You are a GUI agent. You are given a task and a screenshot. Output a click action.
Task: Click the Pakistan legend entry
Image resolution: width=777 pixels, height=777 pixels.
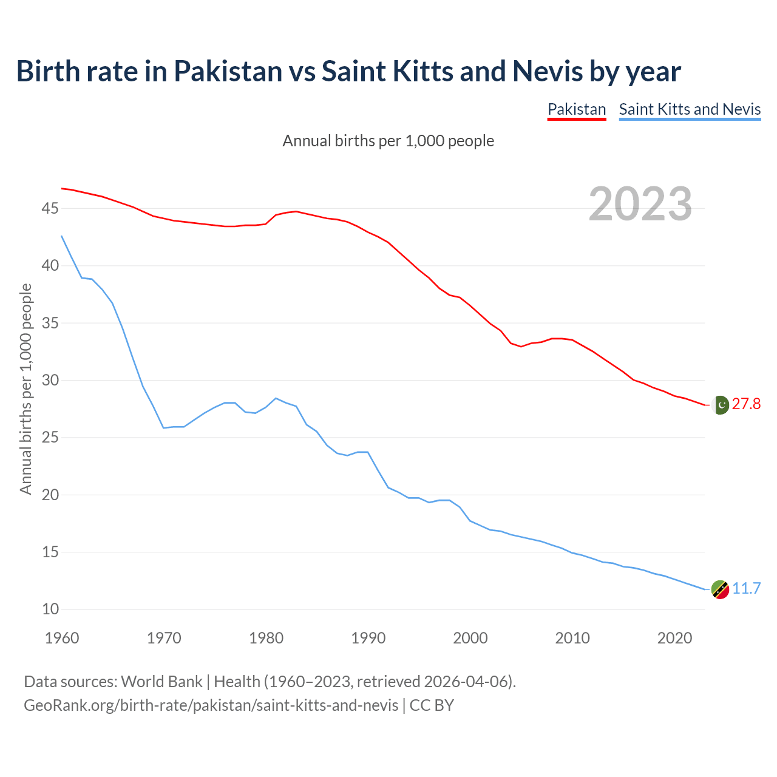pos(577,109)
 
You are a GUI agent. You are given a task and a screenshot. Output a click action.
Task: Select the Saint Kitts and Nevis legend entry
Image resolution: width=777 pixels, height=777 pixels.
pos(690,109)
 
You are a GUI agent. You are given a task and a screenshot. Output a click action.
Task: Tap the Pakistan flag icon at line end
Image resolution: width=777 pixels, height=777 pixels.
pos(721,404)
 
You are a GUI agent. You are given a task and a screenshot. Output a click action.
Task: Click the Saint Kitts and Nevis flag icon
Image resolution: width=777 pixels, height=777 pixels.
pos(720,589)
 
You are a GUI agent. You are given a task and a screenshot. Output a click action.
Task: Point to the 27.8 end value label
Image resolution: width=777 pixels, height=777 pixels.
pos(746,404)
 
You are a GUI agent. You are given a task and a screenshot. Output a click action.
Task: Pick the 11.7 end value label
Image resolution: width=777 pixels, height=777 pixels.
pos(746,589)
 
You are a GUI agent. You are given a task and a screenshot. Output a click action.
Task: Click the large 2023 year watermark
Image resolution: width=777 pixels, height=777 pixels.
pos(640,204)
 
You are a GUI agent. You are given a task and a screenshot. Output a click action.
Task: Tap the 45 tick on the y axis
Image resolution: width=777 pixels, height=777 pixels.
pos(50,209)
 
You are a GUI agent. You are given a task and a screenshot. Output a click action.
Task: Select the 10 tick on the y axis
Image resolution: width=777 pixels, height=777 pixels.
pos(50,609)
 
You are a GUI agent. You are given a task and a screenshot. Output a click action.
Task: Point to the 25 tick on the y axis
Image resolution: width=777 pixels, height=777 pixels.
pos(50,438)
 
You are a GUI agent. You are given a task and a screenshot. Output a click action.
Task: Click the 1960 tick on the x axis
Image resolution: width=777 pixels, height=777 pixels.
pos(62,638)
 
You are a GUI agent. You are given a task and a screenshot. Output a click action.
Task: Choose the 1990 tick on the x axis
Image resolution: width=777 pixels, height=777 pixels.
pos(368,638)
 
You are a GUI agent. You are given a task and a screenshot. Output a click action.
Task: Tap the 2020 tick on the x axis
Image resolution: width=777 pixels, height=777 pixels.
pos(674,638)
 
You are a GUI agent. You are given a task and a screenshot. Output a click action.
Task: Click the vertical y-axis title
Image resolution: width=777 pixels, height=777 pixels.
pos(25,389)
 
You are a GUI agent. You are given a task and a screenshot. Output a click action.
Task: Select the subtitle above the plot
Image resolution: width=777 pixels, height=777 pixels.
pos(388,141)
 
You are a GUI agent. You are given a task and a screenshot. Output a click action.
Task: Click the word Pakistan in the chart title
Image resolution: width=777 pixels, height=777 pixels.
pos(228,71)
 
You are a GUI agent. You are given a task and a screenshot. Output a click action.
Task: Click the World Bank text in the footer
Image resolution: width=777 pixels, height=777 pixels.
pos(161,682)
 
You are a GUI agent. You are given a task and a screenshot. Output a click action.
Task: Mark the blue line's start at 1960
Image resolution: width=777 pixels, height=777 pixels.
pos(62,236)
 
